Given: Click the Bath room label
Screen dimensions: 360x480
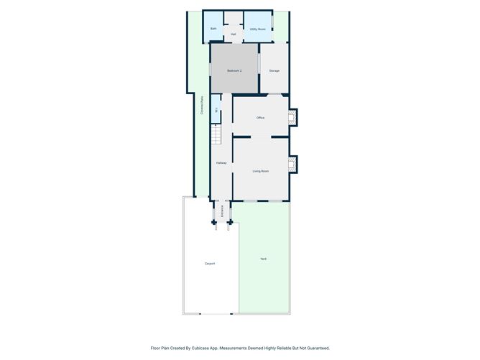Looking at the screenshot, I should tap(213, 29).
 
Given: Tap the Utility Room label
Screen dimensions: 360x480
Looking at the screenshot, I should tap(257, 29).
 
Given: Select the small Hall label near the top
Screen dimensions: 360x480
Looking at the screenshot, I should tap(234, 34).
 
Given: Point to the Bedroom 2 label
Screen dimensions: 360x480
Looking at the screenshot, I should tap(234, 70).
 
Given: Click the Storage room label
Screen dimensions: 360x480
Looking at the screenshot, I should tap(274, 70).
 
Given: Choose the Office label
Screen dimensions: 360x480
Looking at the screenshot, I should tap(261, 117).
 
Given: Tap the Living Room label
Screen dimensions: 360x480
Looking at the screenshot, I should tap(260, 171).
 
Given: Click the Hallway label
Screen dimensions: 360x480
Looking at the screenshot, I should tap(221, 164).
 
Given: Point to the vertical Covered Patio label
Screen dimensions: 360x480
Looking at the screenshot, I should tap(202, 106).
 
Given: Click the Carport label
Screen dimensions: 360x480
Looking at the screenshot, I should tap(210, 264).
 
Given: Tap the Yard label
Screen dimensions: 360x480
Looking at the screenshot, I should tap(263, 259).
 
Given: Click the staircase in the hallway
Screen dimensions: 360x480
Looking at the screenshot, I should tap(215, 133).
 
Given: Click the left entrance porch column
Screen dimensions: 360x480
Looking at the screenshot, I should tap(214, 223).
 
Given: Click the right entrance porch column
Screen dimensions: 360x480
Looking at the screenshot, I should tap(229, 223).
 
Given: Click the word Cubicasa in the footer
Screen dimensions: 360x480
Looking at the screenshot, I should tap(202, 348).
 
